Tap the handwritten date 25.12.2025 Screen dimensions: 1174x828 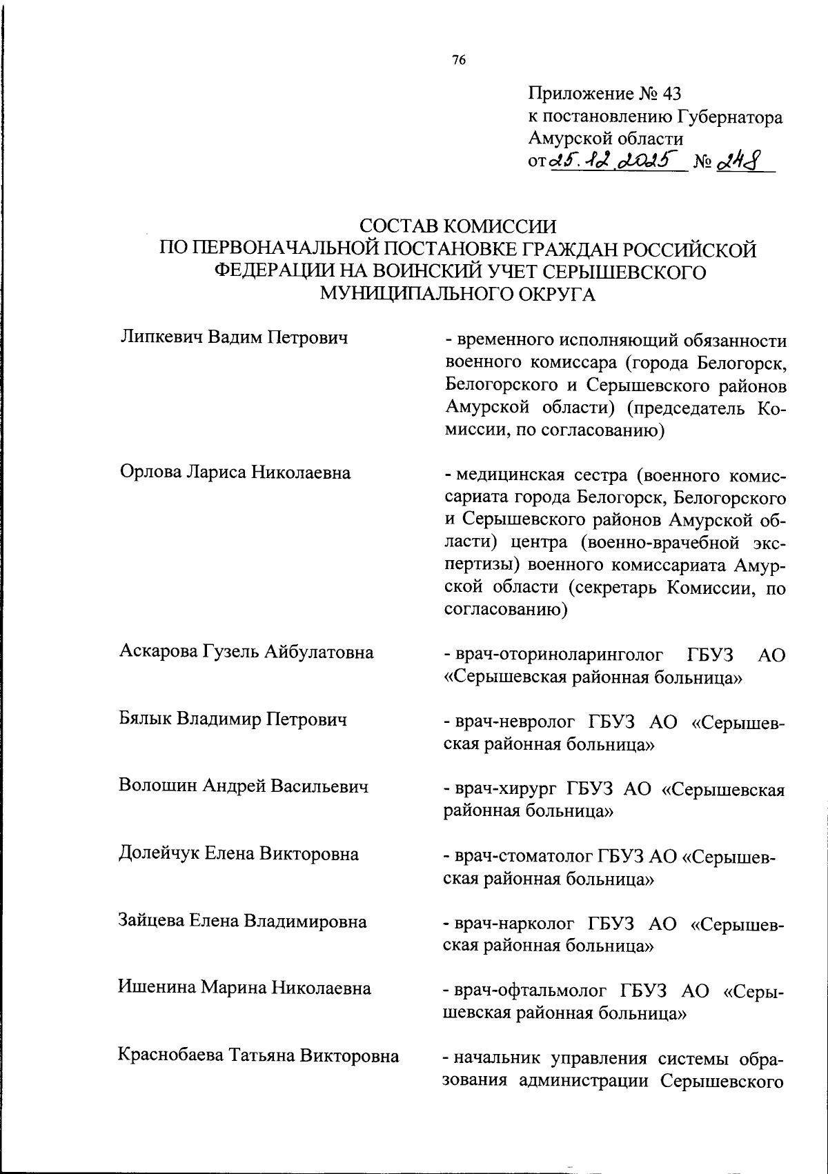[614, 161]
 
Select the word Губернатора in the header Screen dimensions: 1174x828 [731, 117]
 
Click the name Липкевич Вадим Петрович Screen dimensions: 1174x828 [233, 337]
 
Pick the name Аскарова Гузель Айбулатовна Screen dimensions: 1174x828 [246, 652]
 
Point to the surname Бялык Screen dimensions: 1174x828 [145, 719]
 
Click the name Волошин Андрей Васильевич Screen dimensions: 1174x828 [244, 786]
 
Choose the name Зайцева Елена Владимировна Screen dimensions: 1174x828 [243, 922]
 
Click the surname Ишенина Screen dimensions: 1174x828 [157, 988]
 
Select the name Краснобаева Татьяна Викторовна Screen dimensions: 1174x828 [259, 1056]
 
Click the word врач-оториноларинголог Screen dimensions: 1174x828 [560, 655]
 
